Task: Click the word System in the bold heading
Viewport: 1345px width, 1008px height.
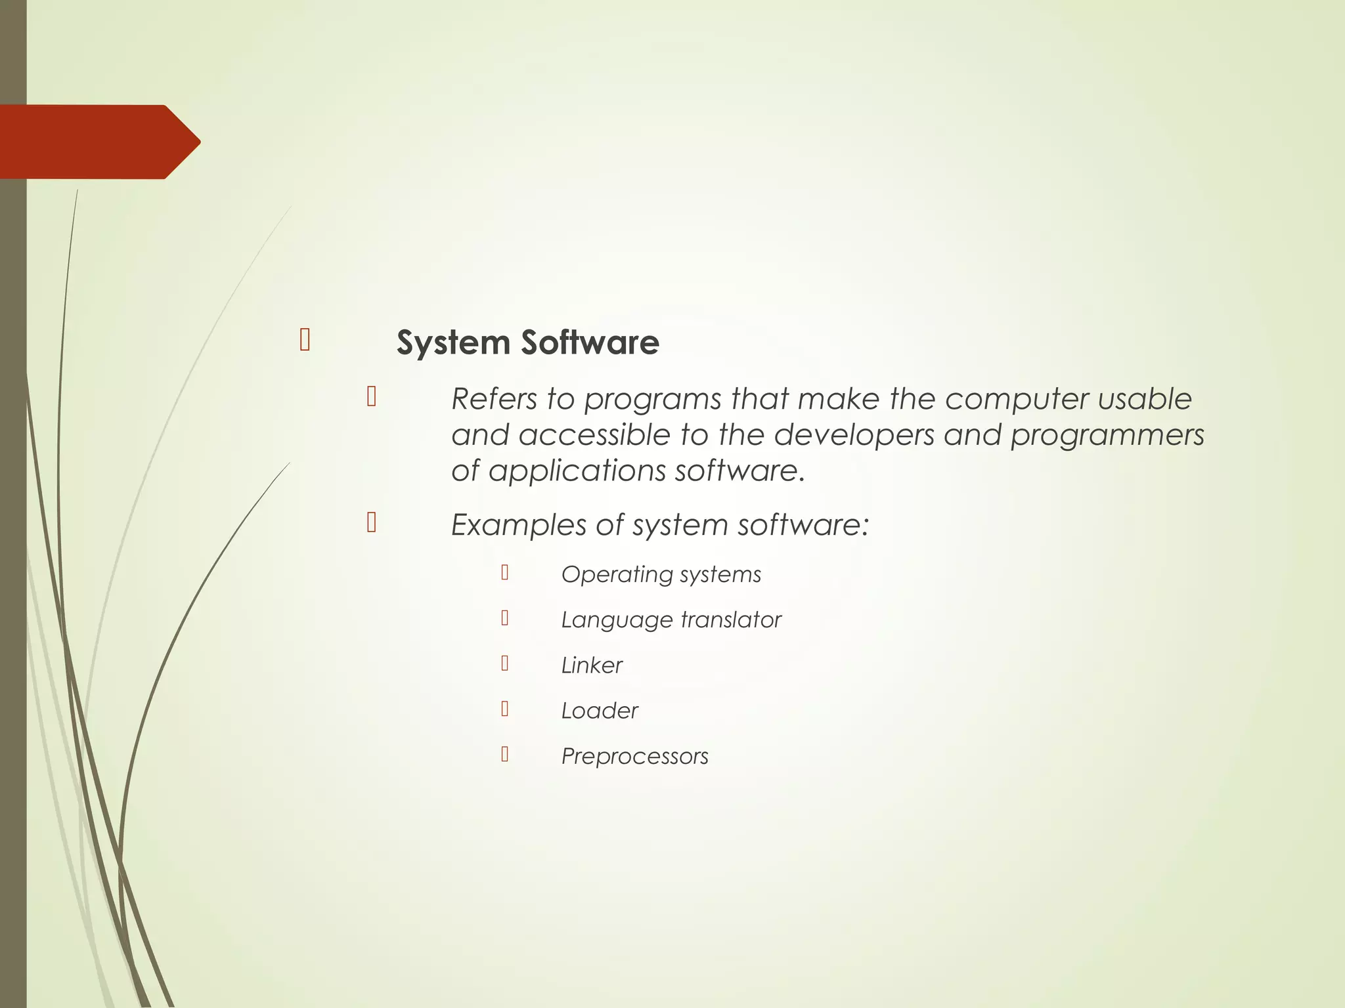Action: click(453, 343)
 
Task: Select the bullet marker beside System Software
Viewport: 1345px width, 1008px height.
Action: click(305, 340)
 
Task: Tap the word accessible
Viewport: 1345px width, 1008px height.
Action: click(594, 435)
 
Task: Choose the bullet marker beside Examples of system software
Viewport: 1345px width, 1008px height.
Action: click(372, 522)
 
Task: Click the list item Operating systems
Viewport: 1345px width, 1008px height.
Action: click(661, 575)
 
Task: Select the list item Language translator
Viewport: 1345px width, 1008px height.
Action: click(671, 620)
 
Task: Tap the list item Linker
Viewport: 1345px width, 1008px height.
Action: click(591, 665)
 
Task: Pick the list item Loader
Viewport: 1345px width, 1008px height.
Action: click(599, 711)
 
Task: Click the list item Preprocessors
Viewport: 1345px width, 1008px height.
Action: click(634, 757)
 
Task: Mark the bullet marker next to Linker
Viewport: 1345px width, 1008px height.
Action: click(504, 663)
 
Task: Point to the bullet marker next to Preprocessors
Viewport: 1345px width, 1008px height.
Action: click(504, 754)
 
